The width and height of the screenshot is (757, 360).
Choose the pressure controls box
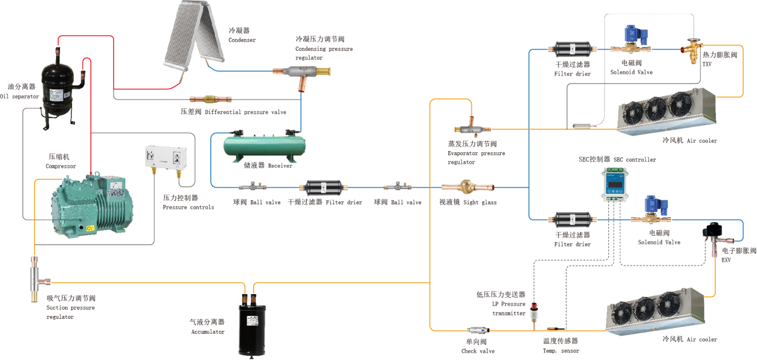pyautogui.click(x=167, y=157)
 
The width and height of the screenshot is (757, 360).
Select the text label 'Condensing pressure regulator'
pyautogui.click(x=324, y=49)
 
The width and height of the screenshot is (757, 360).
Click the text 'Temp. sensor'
pyautogui.click(x=561, y=351)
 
